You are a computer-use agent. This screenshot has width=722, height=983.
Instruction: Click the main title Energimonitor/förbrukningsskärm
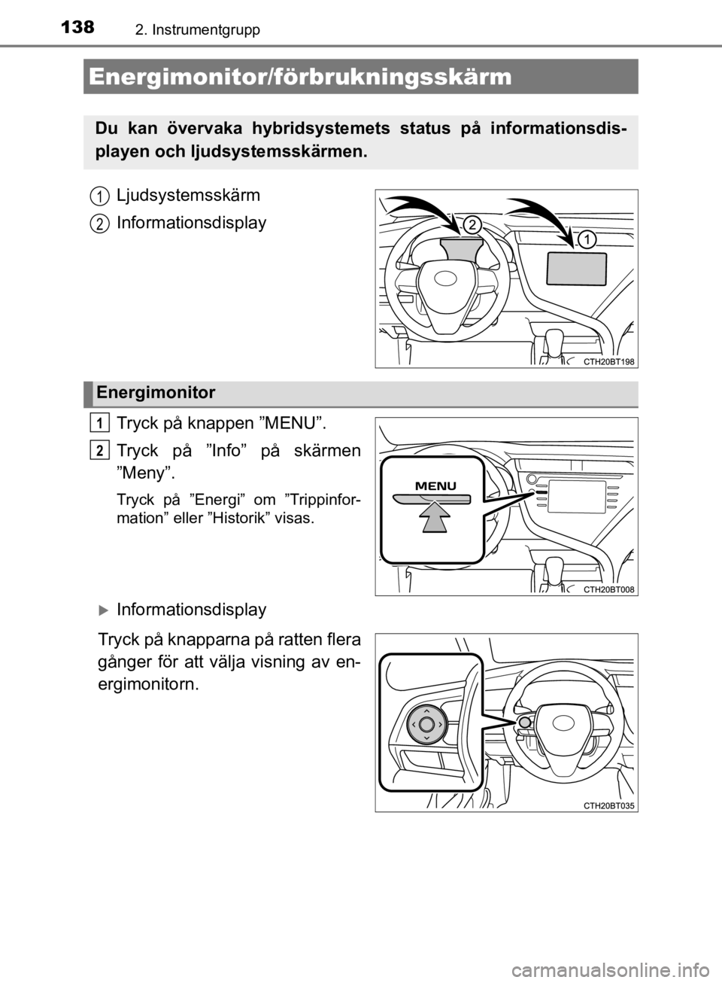point(299,78)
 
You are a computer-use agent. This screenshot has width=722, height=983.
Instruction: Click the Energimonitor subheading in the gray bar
point(155,393)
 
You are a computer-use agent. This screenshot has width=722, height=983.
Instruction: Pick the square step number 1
point(100,422)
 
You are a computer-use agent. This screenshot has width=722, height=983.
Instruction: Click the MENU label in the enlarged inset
point(436,486)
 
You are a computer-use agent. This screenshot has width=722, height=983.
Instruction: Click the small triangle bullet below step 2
point(101,611)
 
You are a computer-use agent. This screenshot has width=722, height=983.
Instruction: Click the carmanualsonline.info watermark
point(602,966)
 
